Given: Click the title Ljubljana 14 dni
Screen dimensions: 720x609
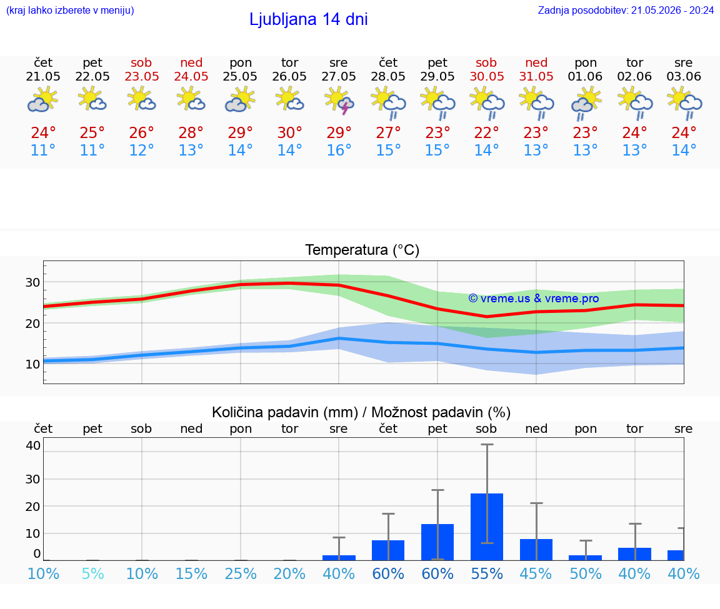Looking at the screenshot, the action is (x=309, y=19).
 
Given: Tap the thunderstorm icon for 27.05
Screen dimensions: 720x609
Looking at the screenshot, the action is (x=339, y=101).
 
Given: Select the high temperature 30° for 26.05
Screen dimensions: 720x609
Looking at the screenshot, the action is (x=290, y=132).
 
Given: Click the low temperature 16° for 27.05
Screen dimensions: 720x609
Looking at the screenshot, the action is (x=339, y=150).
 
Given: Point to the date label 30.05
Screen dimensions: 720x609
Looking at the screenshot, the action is (x=487, y=76).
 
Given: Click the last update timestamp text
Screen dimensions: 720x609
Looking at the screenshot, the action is (x=626, y=10).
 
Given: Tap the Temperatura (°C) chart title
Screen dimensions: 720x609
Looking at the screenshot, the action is (x=362, y=250).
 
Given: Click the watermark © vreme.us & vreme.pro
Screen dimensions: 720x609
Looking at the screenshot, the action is (x=534, y=299).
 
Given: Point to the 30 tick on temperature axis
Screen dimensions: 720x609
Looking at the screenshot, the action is (x=32, y=282).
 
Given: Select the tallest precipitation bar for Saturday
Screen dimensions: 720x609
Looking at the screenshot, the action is (x=487, y=527).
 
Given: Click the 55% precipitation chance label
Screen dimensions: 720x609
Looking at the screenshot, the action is (x=487, y=573).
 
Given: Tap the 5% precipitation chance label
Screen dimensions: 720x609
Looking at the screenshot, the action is (x=92, y=573).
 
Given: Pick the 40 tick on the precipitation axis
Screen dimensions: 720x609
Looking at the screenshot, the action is (x=33, y=445).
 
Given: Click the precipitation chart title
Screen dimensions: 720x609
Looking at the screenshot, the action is (x=361, y=412).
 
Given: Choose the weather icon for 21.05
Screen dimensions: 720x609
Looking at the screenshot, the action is (x=43, y=101).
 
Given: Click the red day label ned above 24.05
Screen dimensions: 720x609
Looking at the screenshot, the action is (x=191, y=62).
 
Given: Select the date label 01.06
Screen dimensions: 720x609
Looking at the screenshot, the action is (x=586, y=76).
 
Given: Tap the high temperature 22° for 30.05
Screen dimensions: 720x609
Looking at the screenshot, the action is (x=487, y=132).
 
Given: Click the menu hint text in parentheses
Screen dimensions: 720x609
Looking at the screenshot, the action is (x=70, y=10).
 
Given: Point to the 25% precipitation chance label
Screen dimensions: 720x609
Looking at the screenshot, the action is (x=241, y=573).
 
